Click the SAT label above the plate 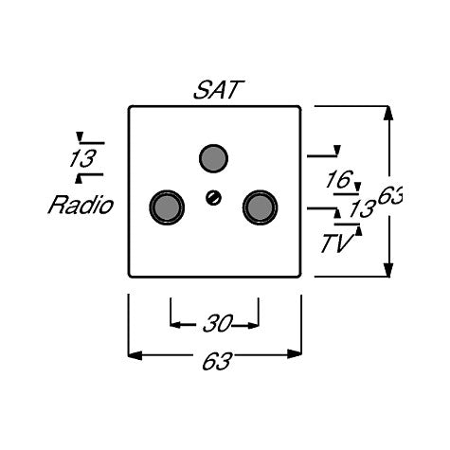219,90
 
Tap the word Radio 81,206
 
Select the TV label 336,243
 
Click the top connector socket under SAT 214,158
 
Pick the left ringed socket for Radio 167,207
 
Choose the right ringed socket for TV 260,207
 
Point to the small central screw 213,198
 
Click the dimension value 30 218,323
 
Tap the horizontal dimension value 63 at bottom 217,361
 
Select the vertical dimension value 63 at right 390,196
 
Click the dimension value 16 339,180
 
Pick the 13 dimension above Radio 82,158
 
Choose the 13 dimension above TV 363,208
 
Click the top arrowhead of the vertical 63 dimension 389,113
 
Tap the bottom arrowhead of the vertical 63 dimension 389,270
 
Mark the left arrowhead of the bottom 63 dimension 135,354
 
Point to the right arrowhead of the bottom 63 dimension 295,354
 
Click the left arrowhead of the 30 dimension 175,324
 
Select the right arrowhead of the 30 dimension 254,325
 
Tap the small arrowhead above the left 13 80,136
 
